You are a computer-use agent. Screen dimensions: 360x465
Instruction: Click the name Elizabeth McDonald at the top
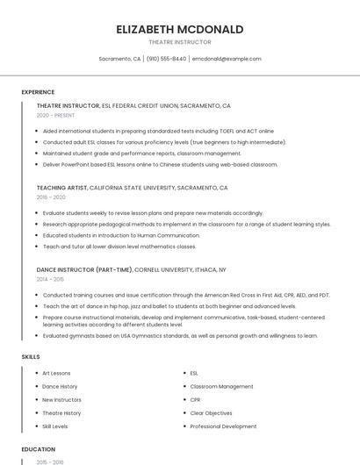[x=180, y=29]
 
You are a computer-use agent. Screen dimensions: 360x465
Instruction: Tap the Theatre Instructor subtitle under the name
[x=180, y=42]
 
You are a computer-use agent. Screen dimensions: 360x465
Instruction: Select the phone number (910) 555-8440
[x=166, y=59]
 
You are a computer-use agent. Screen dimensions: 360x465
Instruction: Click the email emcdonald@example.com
[x=227, y=59]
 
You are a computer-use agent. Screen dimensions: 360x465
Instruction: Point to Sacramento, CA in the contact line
[x=119, y=59]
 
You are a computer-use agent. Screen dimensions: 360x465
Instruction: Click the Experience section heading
[x=38, y=92]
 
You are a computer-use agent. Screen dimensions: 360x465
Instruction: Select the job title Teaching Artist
[x=61, y=188]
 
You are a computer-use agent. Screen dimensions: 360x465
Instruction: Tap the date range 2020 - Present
[x=55, y=115]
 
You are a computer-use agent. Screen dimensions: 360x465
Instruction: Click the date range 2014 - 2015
[x=50, y=279]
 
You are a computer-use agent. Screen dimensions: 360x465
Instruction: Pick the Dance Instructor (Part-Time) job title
[x=84, y=269]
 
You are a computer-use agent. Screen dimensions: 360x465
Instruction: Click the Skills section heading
[x=30, y=357]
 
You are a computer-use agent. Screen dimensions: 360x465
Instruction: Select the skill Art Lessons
[x=56, y=373]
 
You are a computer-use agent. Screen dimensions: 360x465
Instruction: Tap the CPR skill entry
[x=195, y=399]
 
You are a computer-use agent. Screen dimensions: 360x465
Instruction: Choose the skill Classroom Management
[x=221, y=386]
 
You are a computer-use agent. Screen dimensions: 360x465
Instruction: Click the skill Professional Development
[x=223, y=426]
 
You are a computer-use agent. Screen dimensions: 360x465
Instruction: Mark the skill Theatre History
[x=61, y=413]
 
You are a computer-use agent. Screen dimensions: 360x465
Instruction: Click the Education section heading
[x=38, y=448]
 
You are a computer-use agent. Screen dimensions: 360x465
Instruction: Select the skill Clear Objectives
[x=212, y=413]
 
